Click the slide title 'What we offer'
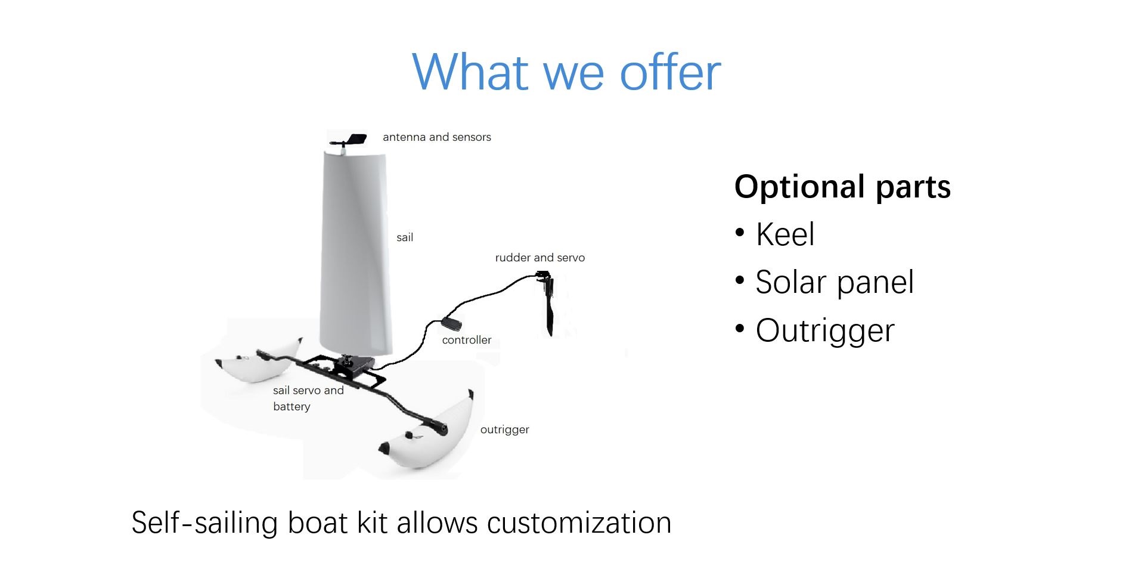(x=566, y=72)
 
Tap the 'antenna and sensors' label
(x=437, y=137)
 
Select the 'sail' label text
(x=405, y=237)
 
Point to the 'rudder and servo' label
(x=540, y=258)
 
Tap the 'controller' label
(x=467, y=340)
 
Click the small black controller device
(x=451, y=325)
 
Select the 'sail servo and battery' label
(x=308, y=398)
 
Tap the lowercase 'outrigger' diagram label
(x=505, y=430)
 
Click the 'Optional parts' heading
(x=842, y=187)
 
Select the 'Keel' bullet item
(x=785, y=234)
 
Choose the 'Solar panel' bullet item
(x=835, y=282)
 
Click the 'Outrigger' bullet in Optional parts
(x=825, y=330)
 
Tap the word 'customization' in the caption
(x=579, y=523)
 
